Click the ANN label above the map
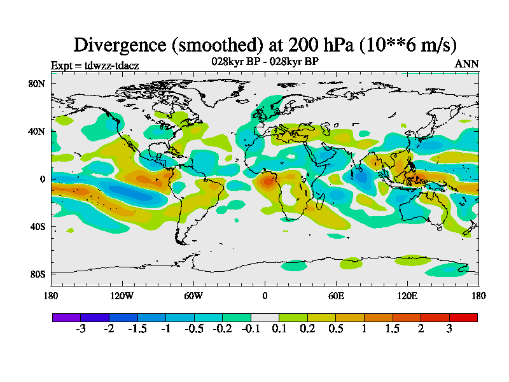coord(467,64)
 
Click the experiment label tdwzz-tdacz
coord(95,65)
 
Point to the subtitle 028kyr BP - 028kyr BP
coord(265,61)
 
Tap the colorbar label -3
coord(81,329)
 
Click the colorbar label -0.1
coord(251,329)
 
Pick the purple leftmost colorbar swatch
coord(66,317)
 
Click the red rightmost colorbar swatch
coord(463,317)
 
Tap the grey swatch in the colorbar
coord(265,317)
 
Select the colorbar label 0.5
coord(336,329)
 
